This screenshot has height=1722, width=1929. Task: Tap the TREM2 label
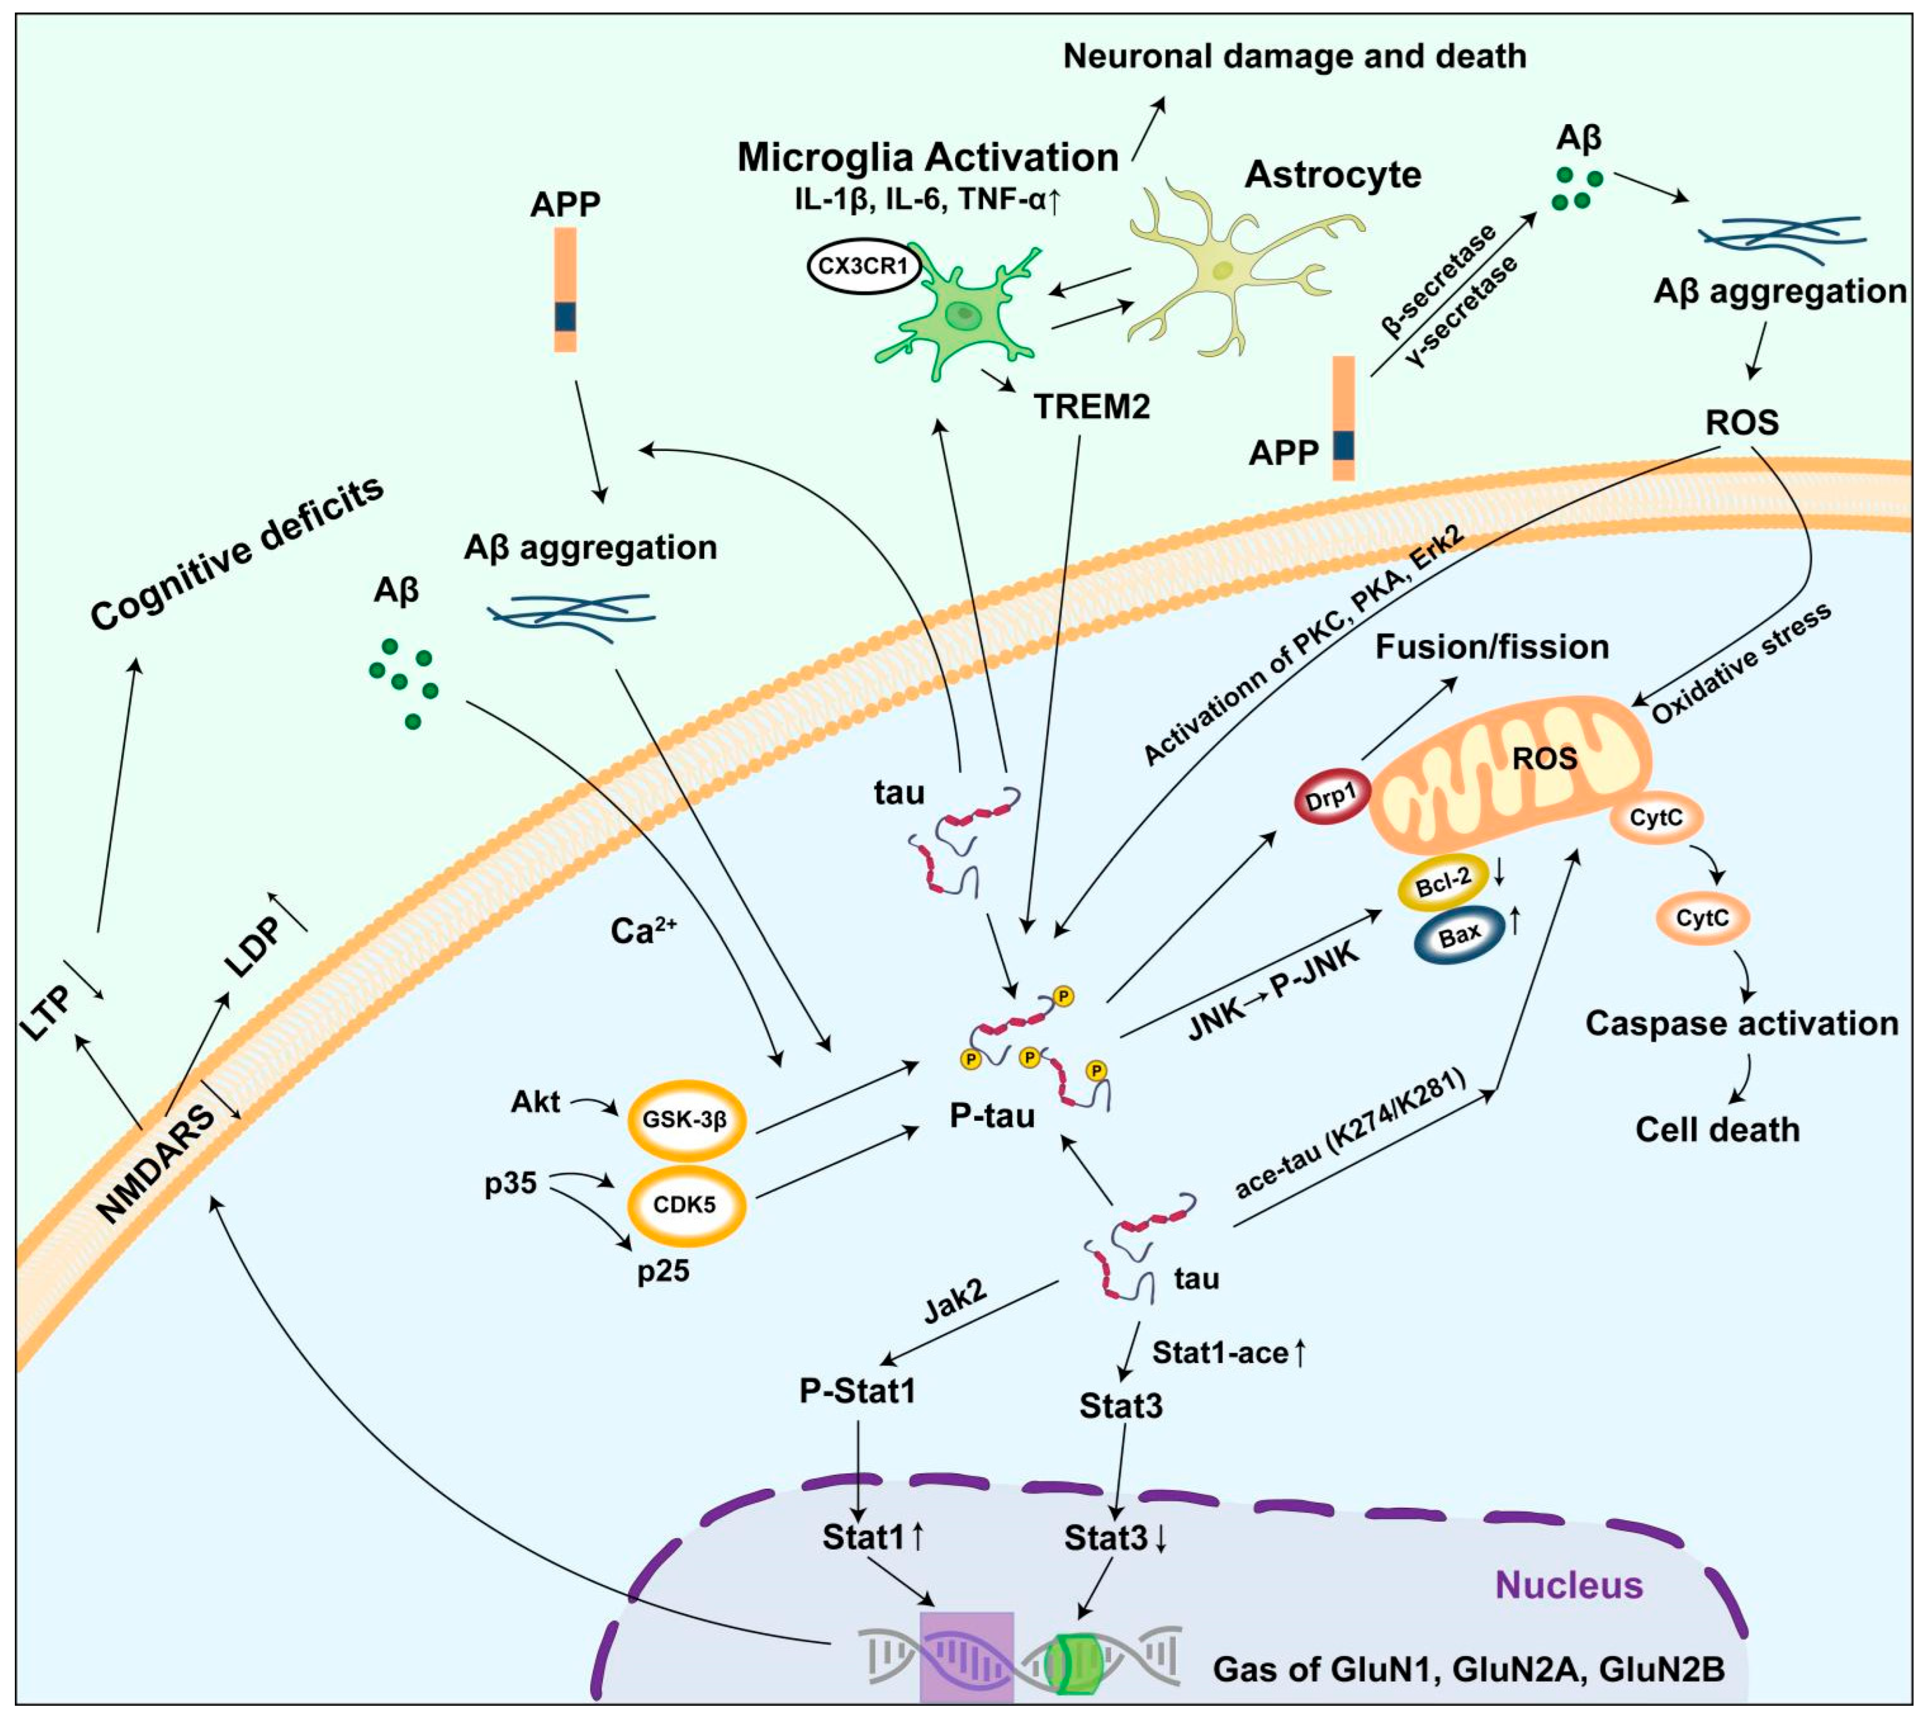1092,407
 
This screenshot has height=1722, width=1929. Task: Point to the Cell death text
1717,1129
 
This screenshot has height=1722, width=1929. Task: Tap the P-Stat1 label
857,1391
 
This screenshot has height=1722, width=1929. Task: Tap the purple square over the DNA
967,1656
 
